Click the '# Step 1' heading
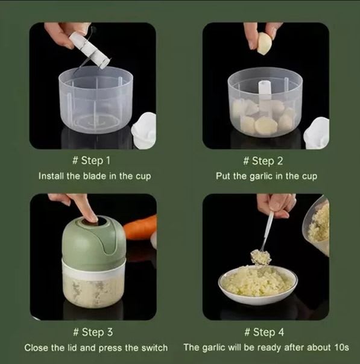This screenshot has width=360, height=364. (x=91, y=160)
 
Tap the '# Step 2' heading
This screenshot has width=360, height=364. (x=263, y=161)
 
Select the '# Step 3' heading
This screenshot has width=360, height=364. (x=93, y=332)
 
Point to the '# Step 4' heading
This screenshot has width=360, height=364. (x=264, y=332)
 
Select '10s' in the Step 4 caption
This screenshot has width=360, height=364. (x=342, y=347)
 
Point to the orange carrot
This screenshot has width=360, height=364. (x=140, y=228)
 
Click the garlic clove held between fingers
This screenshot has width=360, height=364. (x=263, y=43)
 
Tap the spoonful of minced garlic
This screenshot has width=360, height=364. (x=261, y=257)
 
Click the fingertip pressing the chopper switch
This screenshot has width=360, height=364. (x=92, y=218)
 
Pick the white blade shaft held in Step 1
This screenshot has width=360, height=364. (x=90, y=49)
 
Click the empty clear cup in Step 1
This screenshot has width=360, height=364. (x=96, y=99)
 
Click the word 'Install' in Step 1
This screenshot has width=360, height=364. (x=51, y=176)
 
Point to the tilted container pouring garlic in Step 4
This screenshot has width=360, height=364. (x=316, y=225)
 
